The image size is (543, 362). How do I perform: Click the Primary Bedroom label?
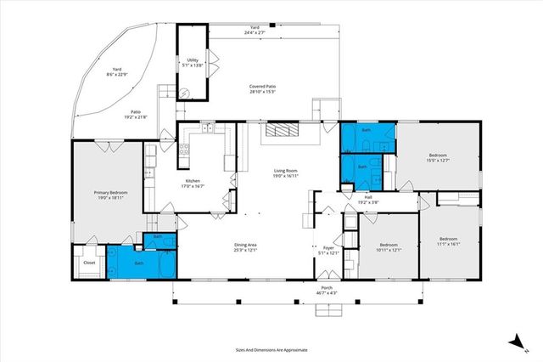[110, 195]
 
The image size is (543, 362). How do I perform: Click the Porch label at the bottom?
[326, 291]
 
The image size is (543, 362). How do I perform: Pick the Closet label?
[89, 263]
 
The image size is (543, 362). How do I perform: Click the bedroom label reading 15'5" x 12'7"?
[438, 158]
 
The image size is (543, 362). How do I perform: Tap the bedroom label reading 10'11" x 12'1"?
[389, 246]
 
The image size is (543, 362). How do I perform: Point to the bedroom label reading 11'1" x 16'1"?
[448, 240]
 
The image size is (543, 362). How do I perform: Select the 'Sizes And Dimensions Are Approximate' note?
[271, 349]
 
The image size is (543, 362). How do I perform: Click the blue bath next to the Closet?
[139, 263]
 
